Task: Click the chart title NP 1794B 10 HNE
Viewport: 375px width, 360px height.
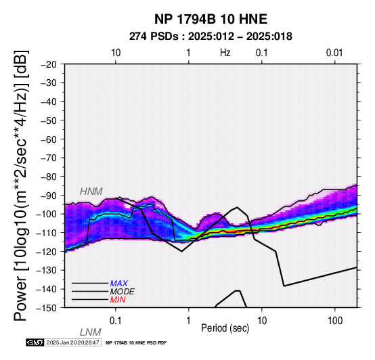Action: pos(211,19)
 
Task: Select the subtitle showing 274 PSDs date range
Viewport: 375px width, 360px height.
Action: pos(211,37)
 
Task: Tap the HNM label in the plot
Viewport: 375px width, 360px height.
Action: pos(91,192)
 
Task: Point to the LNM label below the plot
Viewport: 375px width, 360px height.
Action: pos(91,332)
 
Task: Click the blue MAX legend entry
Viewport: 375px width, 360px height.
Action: pos(119,284)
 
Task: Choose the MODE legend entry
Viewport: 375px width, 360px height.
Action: pos(123,292)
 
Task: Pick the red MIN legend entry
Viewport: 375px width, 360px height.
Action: pos(118,300)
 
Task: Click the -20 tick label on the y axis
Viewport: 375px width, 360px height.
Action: pos(49,64)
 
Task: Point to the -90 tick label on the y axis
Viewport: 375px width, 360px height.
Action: pos(49,196)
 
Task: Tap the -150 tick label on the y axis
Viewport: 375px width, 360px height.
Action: pos(47,308)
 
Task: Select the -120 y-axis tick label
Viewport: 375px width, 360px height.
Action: pos(47,252)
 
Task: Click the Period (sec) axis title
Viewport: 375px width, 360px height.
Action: pos(225,328)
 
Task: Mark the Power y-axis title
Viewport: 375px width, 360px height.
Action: pos(21,185)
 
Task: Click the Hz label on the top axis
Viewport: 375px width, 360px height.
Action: pos(225,53)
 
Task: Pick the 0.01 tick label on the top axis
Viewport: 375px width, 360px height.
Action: pos(334,53)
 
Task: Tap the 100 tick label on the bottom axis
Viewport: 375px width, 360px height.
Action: pos(335,321)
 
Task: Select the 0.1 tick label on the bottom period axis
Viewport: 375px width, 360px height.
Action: pos(116,321)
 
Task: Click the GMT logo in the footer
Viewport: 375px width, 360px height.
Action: pos(35,342)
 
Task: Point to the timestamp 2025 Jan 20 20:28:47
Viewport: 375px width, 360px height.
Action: pos(73,342)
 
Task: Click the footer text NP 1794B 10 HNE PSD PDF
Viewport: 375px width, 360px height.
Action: pos(136,343)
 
